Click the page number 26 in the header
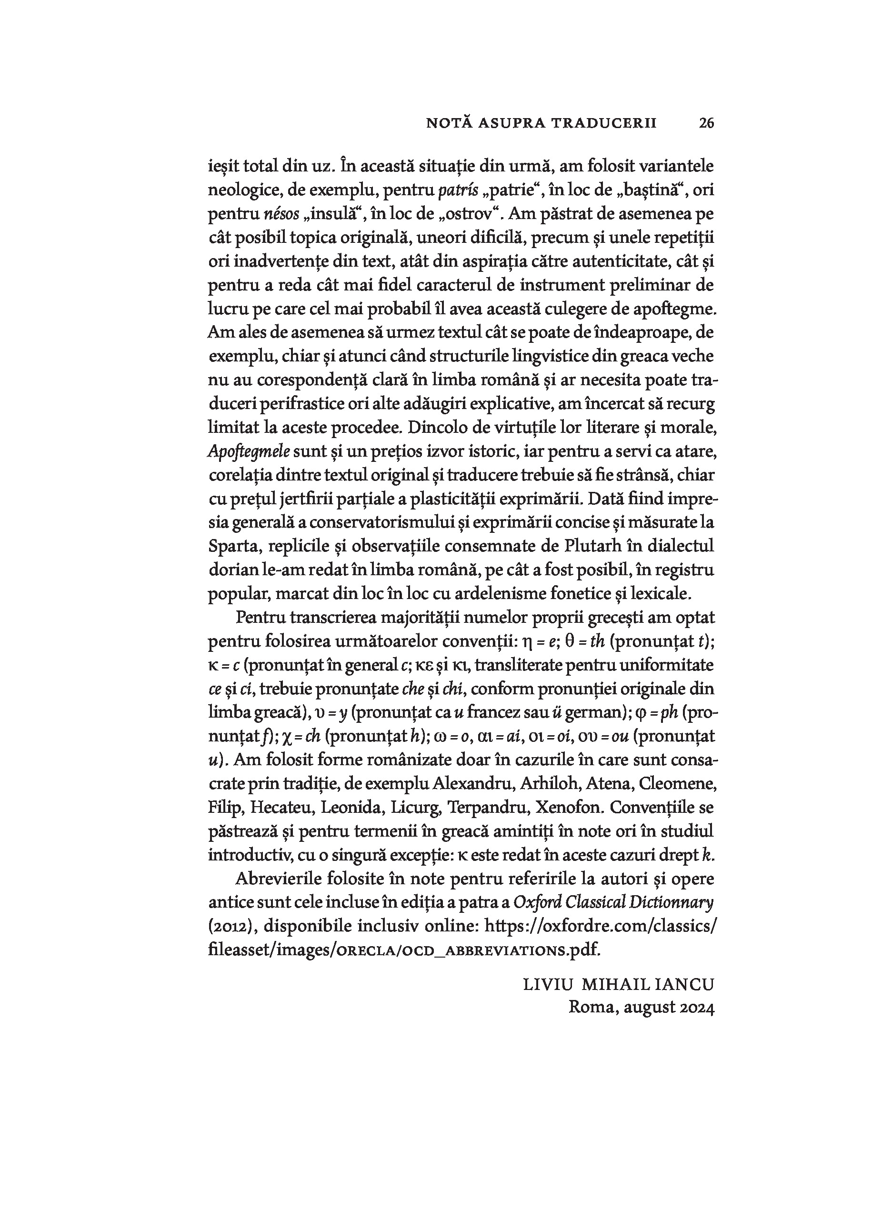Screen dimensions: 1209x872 point(706,123)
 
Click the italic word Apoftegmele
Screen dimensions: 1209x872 point(249,452)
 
